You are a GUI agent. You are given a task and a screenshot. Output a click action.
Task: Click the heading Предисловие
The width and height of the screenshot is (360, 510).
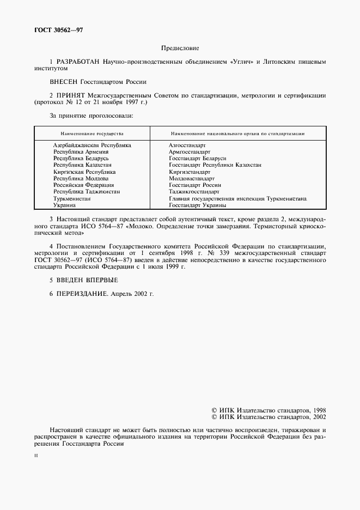coord(180,48)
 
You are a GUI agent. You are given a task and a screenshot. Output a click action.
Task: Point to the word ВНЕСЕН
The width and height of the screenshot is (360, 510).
coord(64,82)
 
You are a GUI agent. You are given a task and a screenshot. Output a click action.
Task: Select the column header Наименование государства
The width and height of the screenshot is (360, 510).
coord(91,133)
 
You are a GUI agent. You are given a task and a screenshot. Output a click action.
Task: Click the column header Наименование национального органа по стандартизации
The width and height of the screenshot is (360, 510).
coord(237,133)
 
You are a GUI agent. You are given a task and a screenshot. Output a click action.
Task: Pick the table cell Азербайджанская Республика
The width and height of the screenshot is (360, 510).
coord(92,145)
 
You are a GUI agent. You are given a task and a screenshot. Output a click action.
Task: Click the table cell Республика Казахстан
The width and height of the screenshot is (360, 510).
coord(82,165)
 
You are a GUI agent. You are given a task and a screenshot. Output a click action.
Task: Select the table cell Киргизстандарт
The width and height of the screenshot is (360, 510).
coord(190,172)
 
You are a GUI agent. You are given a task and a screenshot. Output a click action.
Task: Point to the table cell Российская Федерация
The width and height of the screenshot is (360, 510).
coord(83,185)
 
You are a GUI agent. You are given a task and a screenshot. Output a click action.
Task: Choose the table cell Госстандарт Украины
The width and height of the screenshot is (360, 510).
coord(197,205)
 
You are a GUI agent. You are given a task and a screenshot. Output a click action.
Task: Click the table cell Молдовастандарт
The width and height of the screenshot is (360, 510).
coord(192,178)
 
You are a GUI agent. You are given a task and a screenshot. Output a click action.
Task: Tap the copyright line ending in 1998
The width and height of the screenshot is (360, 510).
coord(268,410)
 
